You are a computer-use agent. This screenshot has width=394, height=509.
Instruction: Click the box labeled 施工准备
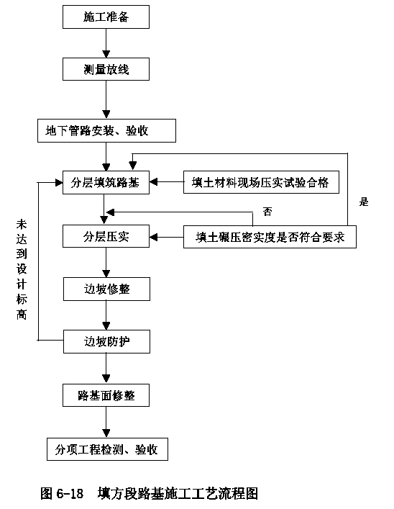[106, 17]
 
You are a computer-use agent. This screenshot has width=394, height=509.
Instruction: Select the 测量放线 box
[106, 69]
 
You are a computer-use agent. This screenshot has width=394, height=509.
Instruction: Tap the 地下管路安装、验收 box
[106, 130]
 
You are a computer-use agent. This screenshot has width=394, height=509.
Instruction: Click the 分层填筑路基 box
[106, 182]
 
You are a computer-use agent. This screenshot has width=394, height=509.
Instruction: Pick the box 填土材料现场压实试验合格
[261, 182]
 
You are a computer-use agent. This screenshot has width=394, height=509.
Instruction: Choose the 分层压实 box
[106, 236]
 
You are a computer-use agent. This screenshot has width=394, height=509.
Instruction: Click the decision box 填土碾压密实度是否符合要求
[270, 237]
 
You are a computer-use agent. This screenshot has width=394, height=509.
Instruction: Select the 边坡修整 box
[106, 289]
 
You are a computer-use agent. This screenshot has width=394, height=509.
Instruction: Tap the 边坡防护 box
[106, 341]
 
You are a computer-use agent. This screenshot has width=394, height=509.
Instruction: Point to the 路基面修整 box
[106, 395]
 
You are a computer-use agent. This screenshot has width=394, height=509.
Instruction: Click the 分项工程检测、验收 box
[107, 449]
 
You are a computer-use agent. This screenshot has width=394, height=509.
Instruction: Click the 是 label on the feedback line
[364, 202]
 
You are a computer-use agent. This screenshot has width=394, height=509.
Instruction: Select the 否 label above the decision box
[267, 212]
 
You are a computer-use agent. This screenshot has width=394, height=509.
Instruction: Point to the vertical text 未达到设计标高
[22, 269]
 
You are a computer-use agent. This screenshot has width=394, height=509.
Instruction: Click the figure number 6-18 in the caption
[70, 494]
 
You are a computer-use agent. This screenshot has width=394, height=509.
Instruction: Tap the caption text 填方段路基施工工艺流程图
[178, 494]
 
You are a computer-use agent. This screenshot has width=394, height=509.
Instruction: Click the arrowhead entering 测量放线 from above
[106, 54]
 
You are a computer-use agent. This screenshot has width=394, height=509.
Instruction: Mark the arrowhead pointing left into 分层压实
[153, 237]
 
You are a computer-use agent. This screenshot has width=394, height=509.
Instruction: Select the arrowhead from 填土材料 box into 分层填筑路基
[153, 182]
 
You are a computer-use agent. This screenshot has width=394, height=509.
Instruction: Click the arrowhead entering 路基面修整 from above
[106, 379]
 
